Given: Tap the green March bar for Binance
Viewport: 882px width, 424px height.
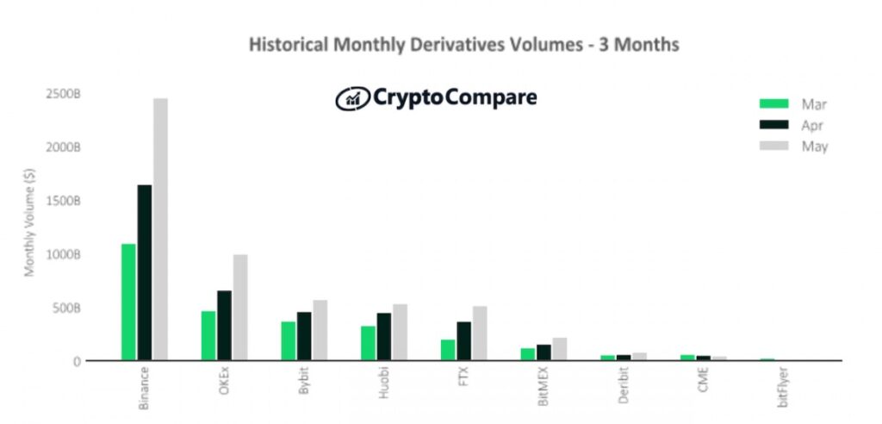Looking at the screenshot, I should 128,302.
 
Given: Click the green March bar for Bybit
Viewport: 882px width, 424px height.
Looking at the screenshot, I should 289,340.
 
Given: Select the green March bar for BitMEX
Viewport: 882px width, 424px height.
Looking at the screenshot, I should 528,354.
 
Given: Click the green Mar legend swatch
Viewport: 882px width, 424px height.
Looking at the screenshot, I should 773,104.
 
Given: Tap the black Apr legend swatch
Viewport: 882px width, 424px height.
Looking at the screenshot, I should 773,125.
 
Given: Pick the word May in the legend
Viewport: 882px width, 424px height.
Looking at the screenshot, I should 815,147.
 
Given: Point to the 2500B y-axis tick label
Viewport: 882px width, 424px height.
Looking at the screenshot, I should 64,94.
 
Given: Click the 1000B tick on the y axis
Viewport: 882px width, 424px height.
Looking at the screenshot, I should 64,254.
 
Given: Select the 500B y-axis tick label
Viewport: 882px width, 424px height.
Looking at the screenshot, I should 66,308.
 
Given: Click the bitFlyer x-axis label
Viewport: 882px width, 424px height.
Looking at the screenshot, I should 783,388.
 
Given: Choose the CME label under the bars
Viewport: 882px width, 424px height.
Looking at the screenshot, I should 704,380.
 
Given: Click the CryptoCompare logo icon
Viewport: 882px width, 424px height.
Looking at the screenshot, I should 351,98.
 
